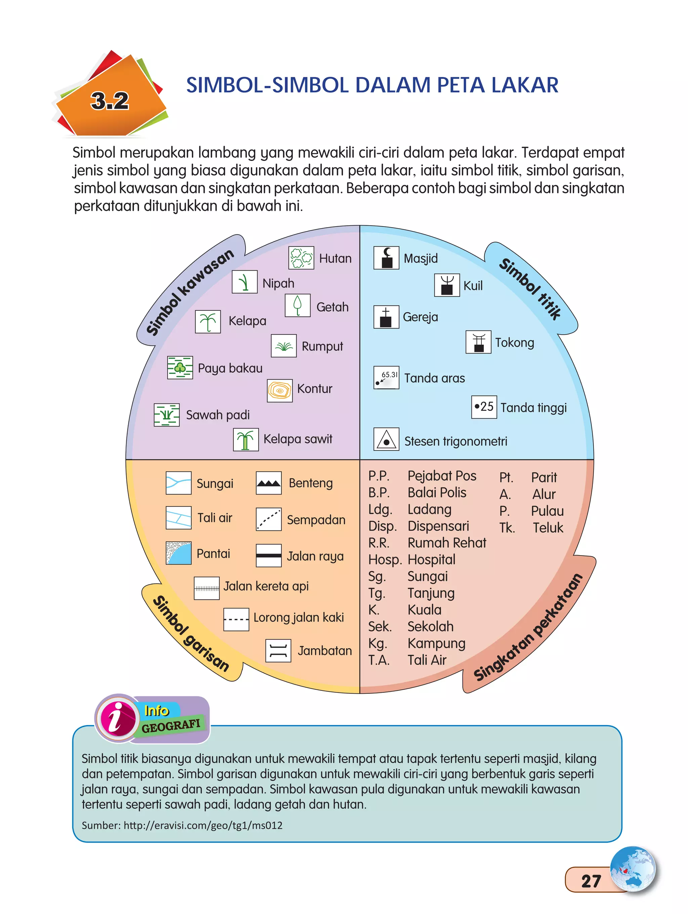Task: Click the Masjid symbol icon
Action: click(x=386, y=258)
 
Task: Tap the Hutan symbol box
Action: click(x=301, y=258)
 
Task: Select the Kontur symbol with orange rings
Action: click(x=279, y=390)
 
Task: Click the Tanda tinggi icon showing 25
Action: click(x=484, y=407)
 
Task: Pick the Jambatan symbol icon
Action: click(x=278, y=651)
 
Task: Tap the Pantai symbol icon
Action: click(x=178, y=553)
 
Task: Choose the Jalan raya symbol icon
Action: click(x=268, y=555)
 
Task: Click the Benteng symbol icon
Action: click(x=268, y=483)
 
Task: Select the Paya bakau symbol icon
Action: click(x=180, y=367)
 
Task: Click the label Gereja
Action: click(x=420, y=317)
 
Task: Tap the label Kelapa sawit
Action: click(x=298, y=439)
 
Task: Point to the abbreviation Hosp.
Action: click(x=385, y=560)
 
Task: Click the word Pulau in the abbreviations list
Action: click(x=547, y=511)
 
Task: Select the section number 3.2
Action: click(x=110, y=101)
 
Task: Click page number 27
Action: click(x=591, y=881)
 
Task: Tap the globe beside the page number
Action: click(x=633, y=869)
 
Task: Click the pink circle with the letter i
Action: click(x=117, y=719)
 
